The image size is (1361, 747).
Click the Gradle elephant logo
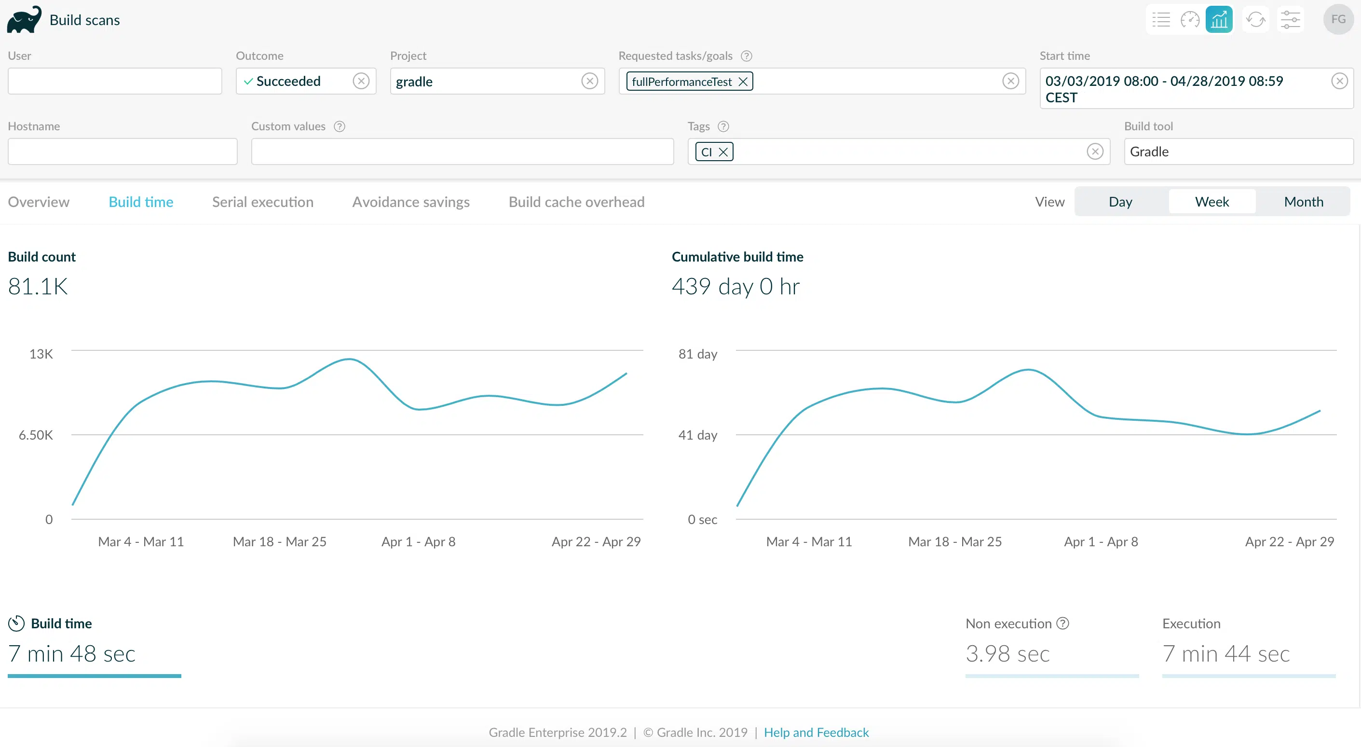[x=24, y=20]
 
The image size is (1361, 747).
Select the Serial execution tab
[x=262, y=202]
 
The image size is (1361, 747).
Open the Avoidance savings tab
[x=411, y=202]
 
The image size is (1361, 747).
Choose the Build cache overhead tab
[x=576, y=202]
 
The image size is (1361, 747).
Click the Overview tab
[x=39, y=202]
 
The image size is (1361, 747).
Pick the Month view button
[x=1304, y=201]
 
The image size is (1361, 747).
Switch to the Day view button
[x=1120, y=201]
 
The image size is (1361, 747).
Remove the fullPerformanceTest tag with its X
[x=743, y=82]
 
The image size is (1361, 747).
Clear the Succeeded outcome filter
[x=361, y=81]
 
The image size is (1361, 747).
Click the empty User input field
[x=115, y=81]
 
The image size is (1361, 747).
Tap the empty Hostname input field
[x=122, y=152]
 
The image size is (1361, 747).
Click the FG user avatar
[x=1338, y=20]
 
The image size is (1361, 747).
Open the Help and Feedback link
[x=817, y=732]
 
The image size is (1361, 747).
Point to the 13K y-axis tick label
[x=41, y=354]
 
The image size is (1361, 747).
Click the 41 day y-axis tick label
[x=697, y=435]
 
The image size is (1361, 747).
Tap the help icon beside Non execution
[x=1062, y=623]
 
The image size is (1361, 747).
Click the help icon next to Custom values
[x=340, y=126]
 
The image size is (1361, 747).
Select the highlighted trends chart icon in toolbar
[x=1219, y=20]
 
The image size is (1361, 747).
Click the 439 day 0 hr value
[x=735, y=287]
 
